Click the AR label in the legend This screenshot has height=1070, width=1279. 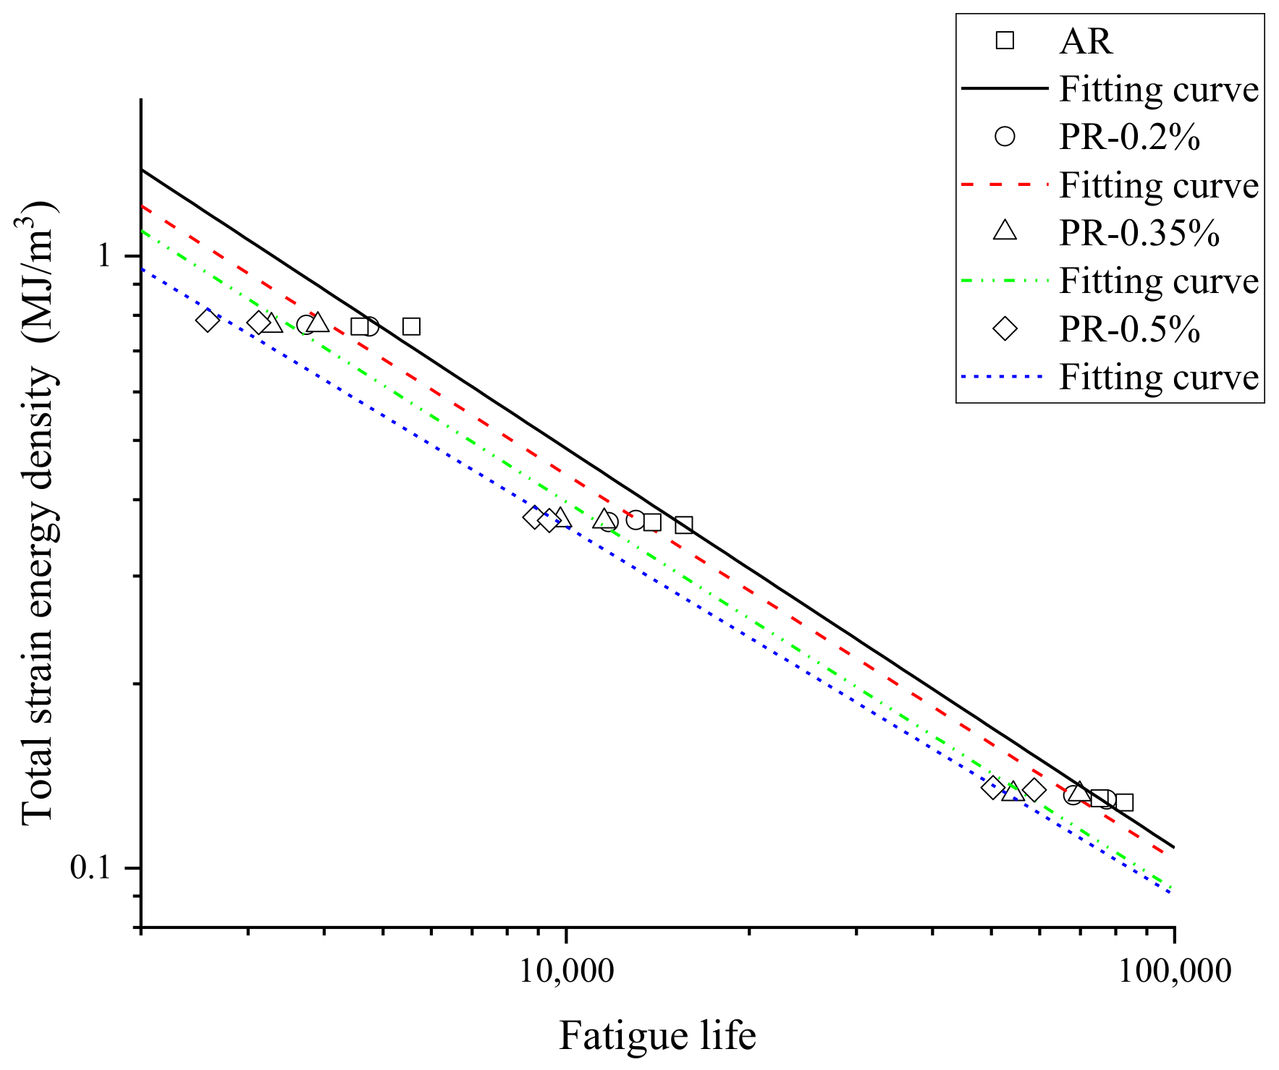[x=1084, y=41]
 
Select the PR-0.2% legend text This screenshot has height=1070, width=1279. [x=1129, y=137]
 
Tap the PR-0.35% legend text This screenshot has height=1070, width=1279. [x=1139, y=233]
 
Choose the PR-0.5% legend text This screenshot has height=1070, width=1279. [x=1129, y=329]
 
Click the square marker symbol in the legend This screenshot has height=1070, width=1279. [x=1005, y=41]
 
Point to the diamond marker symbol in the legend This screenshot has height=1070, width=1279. [x=1005, y=329]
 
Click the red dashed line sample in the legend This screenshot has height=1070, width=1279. [x=1005, y=185]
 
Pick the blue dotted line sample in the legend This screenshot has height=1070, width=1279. [x=1005, y=377]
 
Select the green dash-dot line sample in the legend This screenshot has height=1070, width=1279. [x=1005, y=281]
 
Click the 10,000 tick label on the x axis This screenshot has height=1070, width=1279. [x=566, y=971]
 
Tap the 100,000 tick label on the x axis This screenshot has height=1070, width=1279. [x=1175, y=971]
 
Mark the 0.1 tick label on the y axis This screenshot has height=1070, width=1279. [x=90, y=867]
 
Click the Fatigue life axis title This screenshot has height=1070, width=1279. [x=657, y=1035]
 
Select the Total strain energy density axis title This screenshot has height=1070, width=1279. [x=38, y=514]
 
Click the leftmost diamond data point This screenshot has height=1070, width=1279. [x=208, y=320]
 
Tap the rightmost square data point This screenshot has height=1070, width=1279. [x=1124, y=802]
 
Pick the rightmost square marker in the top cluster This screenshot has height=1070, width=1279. [x=411, y=326]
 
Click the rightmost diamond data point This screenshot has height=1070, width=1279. [x=1034, y=790]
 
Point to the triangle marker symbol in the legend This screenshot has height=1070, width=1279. [x=1005, y=232]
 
